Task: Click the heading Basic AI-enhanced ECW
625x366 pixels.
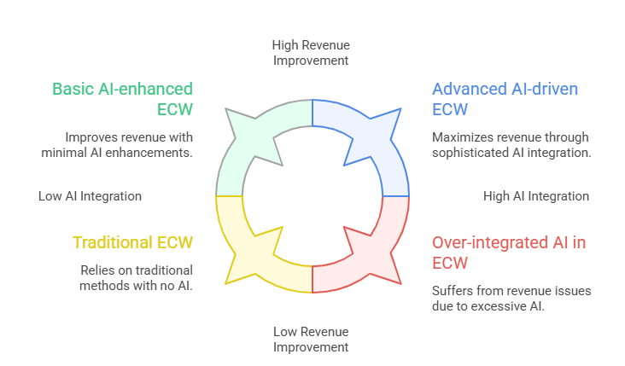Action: [x=122, y=99]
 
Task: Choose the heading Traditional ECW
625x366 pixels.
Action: [x=132, y=242]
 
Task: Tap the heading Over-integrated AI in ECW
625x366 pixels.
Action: [x=509, y=253]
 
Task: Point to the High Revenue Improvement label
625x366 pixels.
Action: [x=311, y=52]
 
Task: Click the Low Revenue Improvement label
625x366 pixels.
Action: [x=311, y=339]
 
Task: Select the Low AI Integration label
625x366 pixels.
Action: [x=90, y=196]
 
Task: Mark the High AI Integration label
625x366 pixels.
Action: [x=535, y=196]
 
